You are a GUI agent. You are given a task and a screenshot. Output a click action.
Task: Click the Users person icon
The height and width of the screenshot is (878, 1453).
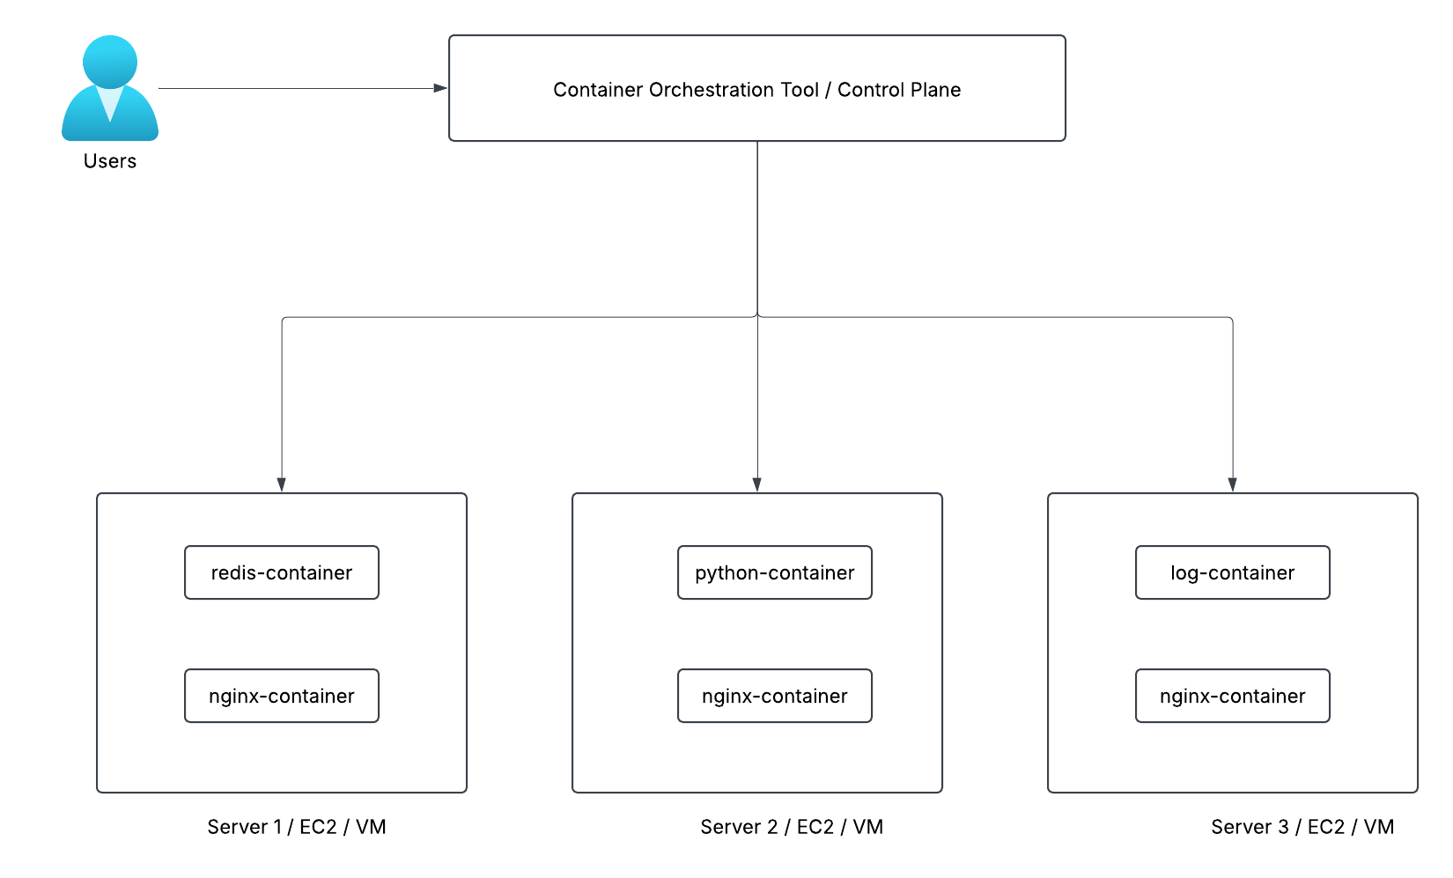point(109,88)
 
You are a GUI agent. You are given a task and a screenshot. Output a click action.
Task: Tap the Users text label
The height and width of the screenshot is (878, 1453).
point(109,161)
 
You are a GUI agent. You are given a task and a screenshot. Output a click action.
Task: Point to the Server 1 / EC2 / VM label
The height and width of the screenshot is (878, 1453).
point(297,827)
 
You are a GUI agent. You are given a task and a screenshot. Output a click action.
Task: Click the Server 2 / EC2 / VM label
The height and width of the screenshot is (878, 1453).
point(792,827)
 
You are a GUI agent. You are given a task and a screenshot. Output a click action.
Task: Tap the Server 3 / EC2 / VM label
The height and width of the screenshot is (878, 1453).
point(1302,827)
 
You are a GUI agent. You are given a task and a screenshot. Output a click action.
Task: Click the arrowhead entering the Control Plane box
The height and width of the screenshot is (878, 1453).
point(440,88)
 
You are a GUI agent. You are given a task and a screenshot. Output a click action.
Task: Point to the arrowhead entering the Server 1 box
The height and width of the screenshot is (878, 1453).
point(282,485)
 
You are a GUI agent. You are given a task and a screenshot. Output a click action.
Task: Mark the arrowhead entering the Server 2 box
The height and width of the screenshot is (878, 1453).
point(757,485)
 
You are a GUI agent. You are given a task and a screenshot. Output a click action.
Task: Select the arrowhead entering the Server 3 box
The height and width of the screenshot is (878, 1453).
point(1233,485)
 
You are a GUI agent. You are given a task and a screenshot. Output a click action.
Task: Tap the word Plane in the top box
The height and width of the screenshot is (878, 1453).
point(932,90)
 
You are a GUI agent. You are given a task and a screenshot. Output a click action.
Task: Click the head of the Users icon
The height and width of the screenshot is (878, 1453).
point(109,62)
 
